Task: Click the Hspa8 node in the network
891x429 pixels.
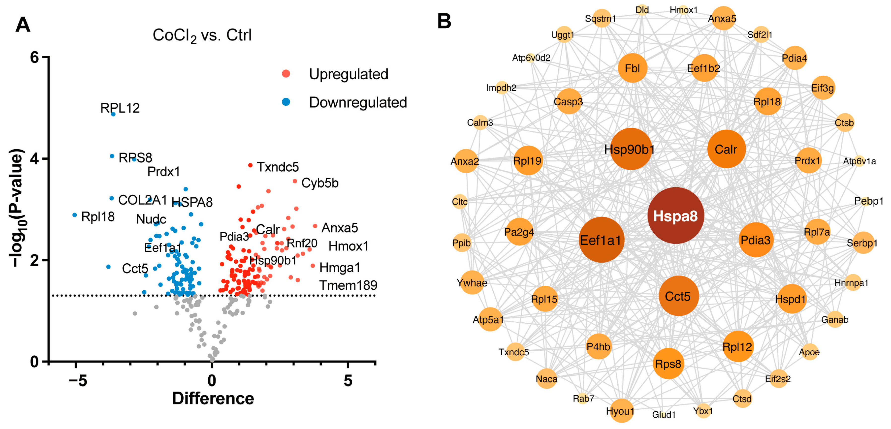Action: tap(675, 216)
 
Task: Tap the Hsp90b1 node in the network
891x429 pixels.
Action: tap(631, 149)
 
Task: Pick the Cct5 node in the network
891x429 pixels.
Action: tap(678, 296)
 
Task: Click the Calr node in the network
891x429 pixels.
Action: tap(726, 149)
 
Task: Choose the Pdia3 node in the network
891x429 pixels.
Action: tap(756, 240)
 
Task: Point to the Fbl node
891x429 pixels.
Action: tap(632, 68)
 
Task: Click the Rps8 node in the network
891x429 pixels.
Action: tap(668, 364)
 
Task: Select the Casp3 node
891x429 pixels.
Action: tap(568, 102)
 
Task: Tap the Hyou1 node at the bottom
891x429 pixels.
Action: tap(621, 411)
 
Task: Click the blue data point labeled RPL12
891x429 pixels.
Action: tap(113, 114)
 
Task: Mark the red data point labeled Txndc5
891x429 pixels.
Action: tap(250, 165)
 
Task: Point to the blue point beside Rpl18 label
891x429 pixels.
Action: tap(75, 215)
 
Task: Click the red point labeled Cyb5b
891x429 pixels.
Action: tap(295, 181)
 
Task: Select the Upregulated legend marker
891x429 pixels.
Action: tap(286, 74)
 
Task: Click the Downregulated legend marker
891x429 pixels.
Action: tap(286, 102)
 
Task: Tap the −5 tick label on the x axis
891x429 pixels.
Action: tap(78, 381)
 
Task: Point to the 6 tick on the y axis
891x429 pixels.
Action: tap(34, 57)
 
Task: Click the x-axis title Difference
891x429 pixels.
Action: tap(213, 398)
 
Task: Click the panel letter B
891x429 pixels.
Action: tap(444, 21)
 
